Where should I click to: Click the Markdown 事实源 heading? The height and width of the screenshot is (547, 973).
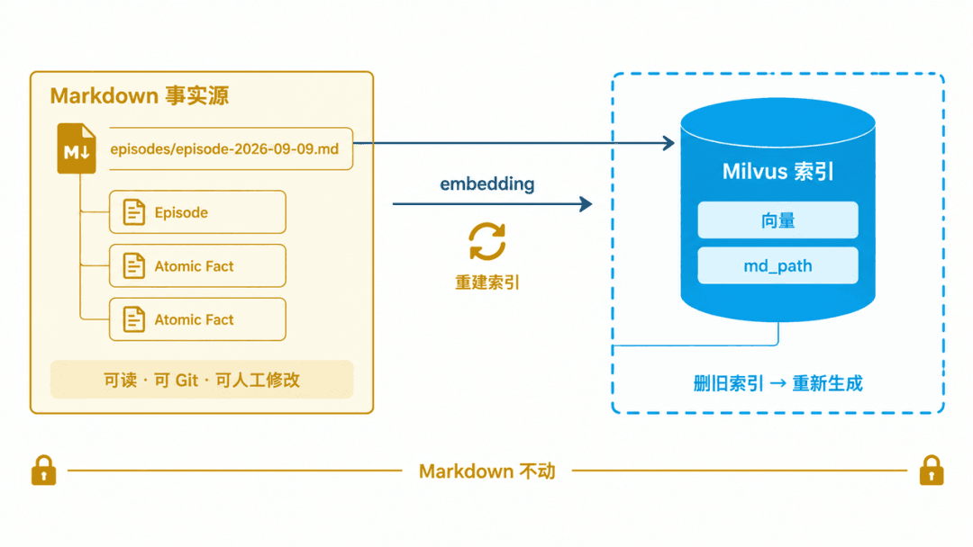point(140,96)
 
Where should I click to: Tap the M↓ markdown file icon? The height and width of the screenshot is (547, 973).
point(77,148)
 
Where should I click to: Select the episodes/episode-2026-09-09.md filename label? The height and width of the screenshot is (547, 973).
point(224,148)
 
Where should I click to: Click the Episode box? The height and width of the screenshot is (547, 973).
point(197,211)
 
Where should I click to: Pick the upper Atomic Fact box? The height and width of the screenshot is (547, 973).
point(197,265)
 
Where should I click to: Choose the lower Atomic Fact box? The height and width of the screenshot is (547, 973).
point(197,319)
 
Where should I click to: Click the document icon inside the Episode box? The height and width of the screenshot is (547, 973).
point(133,211)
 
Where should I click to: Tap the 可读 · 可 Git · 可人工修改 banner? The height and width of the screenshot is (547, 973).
point(202,379)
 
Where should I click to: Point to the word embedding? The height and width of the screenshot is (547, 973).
point(487,184)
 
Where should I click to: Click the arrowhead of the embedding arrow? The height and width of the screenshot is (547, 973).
point(586,204)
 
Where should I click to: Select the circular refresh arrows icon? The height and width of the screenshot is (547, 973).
point(487,241)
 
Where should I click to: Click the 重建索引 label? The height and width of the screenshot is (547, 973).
point(487,282)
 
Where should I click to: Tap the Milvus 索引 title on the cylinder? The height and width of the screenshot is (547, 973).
point(777,171)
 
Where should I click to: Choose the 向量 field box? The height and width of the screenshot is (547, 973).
point(777,220)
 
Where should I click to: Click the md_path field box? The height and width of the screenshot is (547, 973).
point(777,265)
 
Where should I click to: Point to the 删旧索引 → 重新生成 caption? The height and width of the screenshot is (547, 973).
point(777,383)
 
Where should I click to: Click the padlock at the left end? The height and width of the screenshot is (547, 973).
point(43,471)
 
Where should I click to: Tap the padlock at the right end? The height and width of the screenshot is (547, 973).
point(932,471)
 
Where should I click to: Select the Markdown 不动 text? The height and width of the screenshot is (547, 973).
point(487,471)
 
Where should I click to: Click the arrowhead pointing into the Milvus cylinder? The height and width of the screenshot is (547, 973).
point(668,143)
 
